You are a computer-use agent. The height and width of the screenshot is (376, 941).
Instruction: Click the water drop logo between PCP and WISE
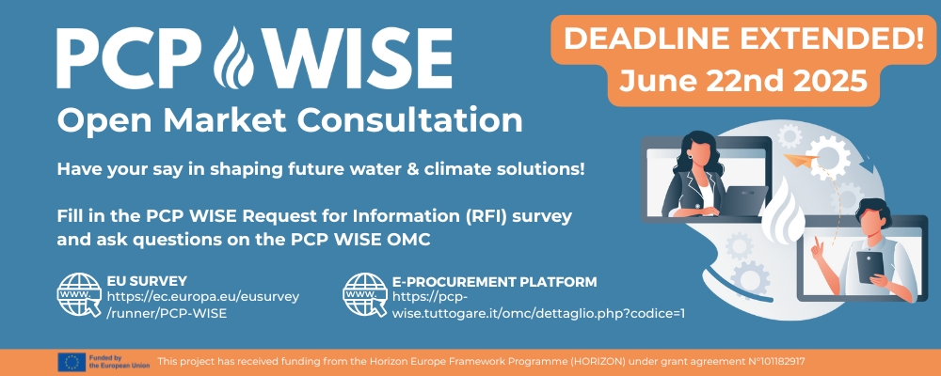234,57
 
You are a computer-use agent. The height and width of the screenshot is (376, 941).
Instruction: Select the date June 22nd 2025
743,80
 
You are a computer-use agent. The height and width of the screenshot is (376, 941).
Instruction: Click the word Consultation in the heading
410,120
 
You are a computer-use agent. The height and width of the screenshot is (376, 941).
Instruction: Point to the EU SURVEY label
147,281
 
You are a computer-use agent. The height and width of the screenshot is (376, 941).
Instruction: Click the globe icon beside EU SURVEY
79,294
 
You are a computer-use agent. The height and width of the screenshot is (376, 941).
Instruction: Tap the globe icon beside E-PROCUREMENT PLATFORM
365,294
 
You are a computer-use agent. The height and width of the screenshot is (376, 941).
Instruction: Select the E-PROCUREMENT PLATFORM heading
495,281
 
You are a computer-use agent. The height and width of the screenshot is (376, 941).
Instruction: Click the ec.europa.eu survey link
203,305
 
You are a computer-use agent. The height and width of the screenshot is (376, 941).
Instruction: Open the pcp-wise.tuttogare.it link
538,305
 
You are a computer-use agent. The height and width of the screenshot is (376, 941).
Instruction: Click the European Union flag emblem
72,362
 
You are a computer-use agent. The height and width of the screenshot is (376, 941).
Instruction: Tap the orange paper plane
801,159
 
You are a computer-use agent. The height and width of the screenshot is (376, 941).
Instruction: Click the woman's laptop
743,200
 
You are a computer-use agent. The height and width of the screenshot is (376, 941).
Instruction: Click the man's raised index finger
816,243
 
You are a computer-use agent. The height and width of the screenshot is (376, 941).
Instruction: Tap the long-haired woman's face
695,154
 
